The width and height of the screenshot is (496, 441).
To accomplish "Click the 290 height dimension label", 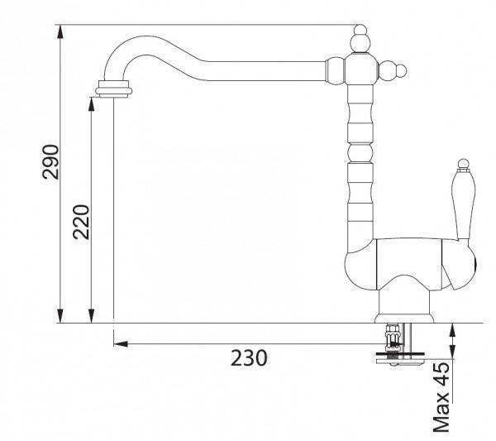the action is click(51, 162).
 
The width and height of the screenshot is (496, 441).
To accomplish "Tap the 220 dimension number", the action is click(81, 222).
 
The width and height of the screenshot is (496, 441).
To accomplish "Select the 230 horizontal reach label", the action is click(249, 357).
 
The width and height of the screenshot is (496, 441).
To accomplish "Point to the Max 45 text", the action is click(441, 397).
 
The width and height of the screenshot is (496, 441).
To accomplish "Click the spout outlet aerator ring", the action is click(113, 89).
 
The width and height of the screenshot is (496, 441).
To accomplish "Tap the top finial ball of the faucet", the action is click(360, 31).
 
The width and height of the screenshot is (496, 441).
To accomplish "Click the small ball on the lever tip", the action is click(464, 163).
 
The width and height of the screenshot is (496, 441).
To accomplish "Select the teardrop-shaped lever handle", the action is click(463, 204).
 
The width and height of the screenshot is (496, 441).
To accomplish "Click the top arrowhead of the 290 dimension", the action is click(60, 31).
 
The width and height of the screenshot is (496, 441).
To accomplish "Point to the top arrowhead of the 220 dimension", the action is click(92, 104).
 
